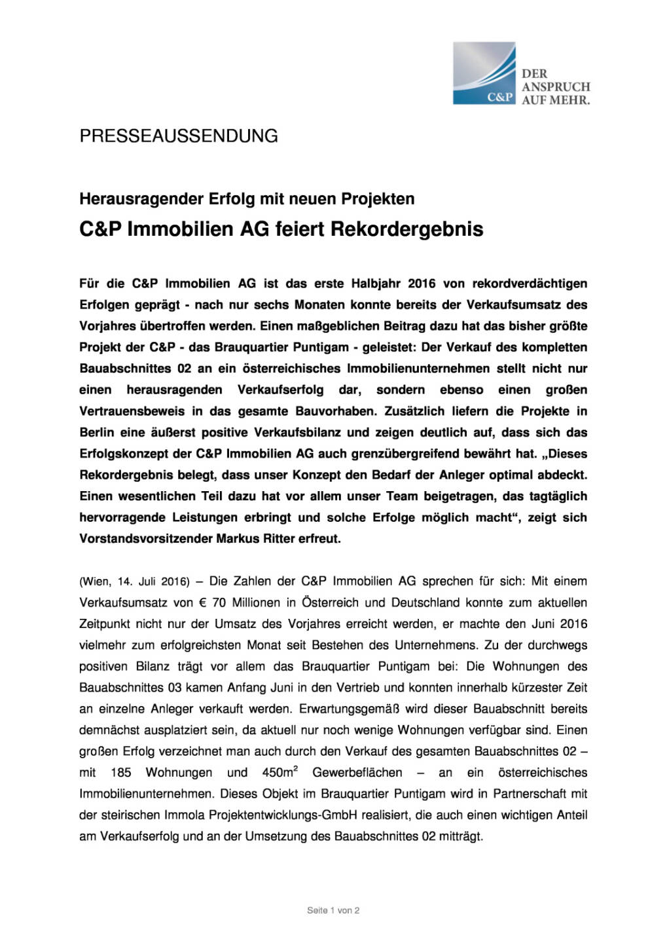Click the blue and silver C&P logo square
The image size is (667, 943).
click(484, 73)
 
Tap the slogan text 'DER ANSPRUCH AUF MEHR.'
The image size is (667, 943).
click(555, 87)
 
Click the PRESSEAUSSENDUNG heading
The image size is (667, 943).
click(179, 136)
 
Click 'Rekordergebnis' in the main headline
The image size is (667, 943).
click(406, 229)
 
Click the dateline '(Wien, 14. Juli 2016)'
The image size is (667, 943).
click(134, 582)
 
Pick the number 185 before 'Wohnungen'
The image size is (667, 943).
click(121, 773)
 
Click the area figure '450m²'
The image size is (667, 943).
click(279, 773)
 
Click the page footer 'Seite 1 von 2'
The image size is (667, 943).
click(333, 910)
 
